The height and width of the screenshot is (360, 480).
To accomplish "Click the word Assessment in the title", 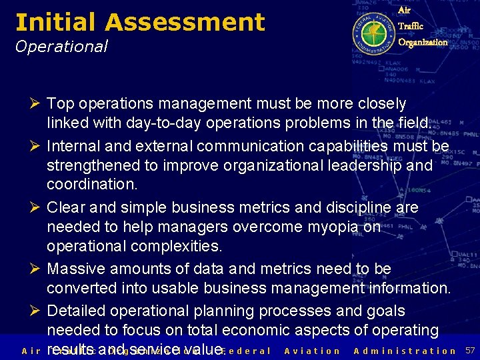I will tap(185, 23).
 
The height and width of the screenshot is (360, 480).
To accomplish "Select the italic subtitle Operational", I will tap(61, 46).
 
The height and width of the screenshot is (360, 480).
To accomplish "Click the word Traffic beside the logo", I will tap(410, 26).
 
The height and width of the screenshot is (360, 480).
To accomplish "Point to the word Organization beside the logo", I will tap(423, 42).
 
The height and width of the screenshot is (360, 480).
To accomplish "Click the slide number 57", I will tap(469, 351).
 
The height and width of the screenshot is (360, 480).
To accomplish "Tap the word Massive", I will tap(75, 269).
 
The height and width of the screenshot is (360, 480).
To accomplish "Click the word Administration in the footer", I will tap(405, 351).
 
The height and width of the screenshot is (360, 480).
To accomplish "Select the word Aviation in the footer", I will tap(312, 351).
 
